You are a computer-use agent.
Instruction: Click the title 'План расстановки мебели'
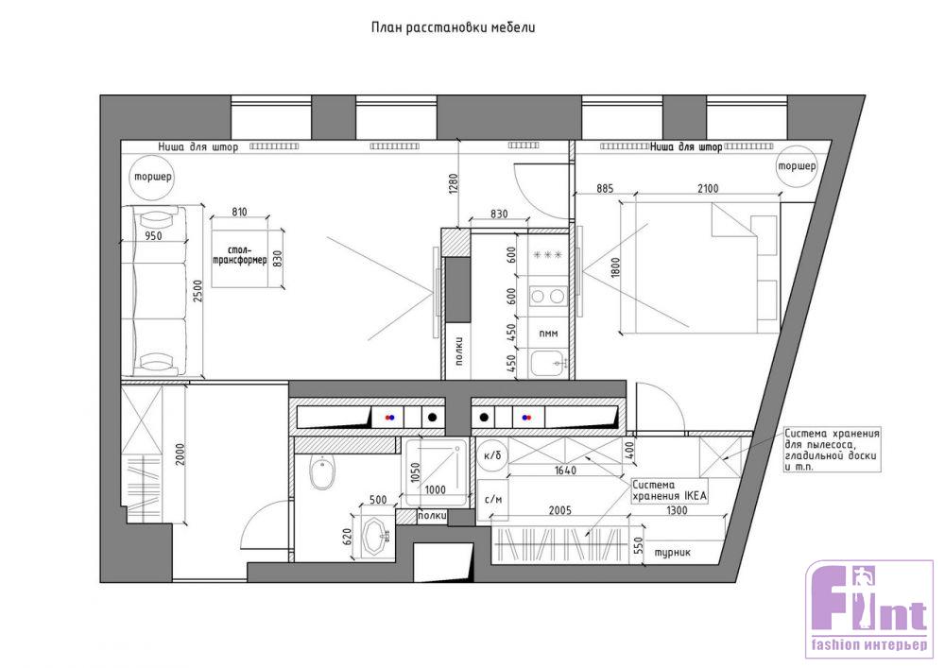click(454, 27)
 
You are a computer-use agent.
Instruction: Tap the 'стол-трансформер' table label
click(240, 255)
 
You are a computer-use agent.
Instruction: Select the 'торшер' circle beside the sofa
click(152, 177)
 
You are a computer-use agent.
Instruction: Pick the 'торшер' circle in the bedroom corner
click(797, 165)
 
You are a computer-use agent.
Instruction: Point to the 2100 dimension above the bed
click(708, 189)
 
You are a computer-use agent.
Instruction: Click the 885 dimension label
click(605, 189)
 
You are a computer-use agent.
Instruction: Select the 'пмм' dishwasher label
click(548, 334)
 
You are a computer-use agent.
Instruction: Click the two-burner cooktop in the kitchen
click(548, 296)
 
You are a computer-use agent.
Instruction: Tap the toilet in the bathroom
click(322, 473)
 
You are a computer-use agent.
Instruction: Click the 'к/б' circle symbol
click(491, 456)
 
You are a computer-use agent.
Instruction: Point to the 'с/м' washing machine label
click(493, 499)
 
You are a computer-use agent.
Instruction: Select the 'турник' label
click(673, 552)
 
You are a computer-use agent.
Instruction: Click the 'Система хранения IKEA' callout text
click(669, 490)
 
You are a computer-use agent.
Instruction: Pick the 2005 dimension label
click(559, 511)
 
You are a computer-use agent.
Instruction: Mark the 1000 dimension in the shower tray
click(435, 489)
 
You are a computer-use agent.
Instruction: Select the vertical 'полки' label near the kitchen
click(459, 350)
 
